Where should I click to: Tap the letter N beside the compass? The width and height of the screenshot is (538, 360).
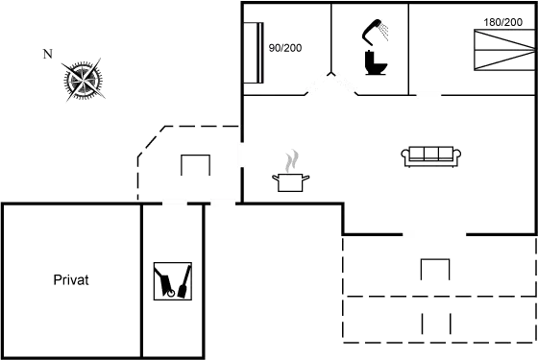pos(47,54)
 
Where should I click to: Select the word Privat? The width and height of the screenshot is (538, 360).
pos(71,280)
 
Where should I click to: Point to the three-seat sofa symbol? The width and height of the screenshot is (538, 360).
pos(431,155)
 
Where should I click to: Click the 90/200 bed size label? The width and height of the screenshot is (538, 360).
pos(285,47)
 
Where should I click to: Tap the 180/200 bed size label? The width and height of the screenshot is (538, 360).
pos(503,21)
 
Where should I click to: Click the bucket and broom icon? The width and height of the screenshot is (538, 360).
pos(172,281)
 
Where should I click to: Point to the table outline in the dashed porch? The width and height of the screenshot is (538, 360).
pos(196,165)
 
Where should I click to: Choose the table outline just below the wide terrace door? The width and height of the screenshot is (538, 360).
pos(434,269)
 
